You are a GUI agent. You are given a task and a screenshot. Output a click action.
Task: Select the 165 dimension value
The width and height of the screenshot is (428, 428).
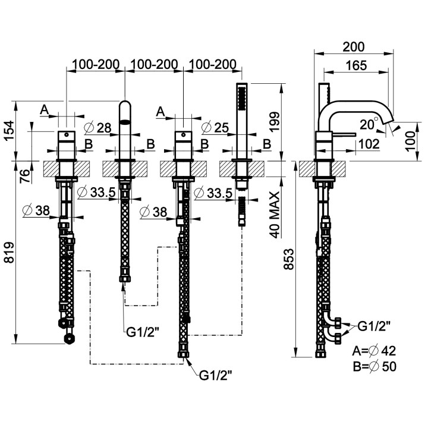[x=356, y=66]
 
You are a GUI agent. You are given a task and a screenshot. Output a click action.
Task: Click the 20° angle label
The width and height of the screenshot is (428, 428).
[x=369, y=124]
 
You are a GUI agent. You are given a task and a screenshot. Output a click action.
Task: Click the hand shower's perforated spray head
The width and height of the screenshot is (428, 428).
[x=242, y=98]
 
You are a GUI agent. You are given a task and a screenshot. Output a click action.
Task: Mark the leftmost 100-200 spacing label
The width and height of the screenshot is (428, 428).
[x=96, y=64]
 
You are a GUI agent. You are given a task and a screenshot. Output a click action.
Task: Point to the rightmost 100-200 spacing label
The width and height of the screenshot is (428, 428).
[x=212, y=64]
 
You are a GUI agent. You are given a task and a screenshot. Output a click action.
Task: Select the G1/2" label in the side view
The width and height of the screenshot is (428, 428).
[x=374, y=326]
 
